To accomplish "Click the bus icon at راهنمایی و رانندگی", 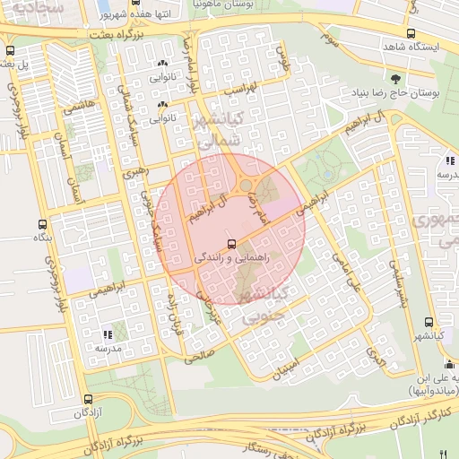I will pyautogui.click(x=232, y=243).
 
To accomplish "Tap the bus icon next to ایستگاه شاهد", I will pyautogui.click(x=410, y=34).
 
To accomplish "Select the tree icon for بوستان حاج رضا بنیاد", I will pyautogui.click(x=395, y=78).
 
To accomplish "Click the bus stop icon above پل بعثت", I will pyautogui.click(x=11, y=51).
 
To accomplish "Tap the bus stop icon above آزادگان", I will pyautogui.click(x=87, y=399).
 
